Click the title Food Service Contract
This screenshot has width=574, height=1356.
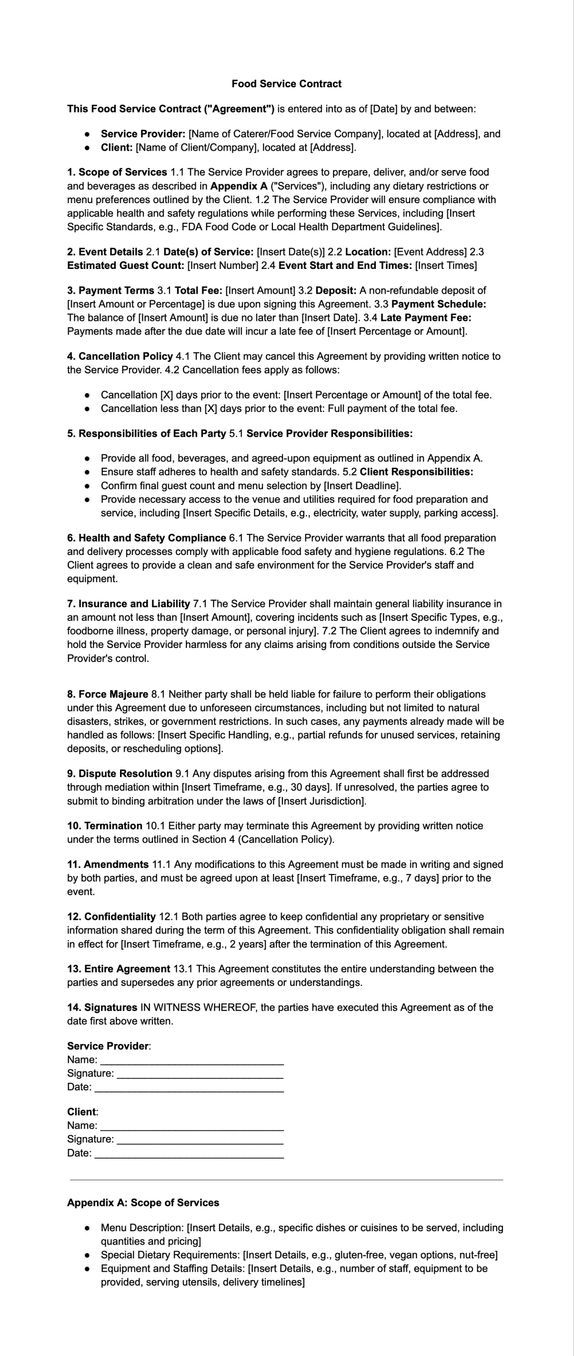point(286,84)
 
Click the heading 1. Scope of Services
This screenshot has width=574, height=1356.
point(117,172)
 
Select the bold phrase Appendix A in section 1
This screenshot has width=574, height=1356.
point(239,186)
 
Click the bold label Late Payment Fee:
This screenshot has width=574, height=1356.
point(426,318)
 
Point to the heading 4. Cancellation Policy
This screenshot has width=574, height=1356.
point(120,356)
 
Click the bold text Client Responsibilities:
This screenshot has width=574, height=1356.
point(416,472)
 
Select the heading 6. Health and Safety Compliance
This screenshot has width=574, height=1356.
point(146,538)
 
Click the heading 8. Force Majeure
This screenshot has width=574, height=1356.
point(107,694)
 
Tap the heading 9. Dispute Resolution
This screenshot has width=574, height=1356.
point(120,773)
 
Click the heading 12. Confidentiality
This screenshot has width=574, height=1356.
point(111,916)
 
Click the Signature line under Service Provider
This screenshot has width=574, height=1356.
point(200,1074)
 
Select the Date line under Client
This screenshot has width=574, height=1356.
point(189,1153)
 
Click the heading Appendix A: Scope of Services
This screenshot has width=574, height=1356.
point(143,1203)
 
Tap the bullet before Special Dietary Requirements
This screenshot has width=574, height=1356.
point(87,1255)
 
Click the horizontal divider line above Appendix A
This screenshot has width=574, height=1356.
point(286,1180)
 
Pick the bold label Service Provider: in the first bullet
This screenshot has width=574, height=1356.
point(143,134)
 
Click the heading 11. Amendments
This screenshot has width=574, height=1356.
point(107,864)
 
